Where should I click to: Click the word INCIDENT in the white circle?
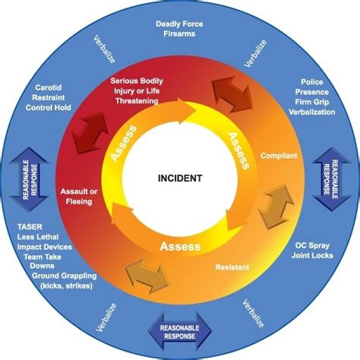pos(180,178)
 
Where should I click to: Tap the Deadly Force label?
pos(179,24)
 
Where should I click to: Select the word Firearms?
pos(179,33)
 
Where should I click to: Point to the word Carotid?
pos(49,87)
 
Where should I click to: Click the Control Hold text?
pos(48,108)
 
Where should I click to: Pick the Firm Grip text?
pos(312,102)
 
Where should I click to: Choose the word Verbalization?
pos(312,112)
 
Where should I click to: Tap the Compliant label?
pos(279,156)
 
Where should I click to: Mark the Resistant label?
pos(232,267)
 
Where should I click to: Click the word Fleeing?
pos(79,202)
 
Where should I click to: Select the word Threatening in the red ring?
pos(137,101)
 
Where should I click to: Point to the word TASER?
pos(30,227)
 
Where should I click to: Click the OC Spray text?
pos(312,245)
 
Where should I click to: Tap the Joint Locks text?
pos(312,255)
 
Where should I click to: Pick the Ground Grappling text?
pos(65,276)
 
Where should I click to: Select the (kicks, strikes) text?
pos(66,286)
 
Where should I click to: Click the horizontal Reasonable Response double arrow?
pos(179,332)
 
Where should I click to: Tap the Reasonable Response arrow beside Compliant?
pos(331,179)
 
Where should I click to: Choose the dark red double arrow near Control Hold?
pos(90,133)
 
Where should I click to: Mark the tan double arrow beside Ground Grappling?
pos(147,276)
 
